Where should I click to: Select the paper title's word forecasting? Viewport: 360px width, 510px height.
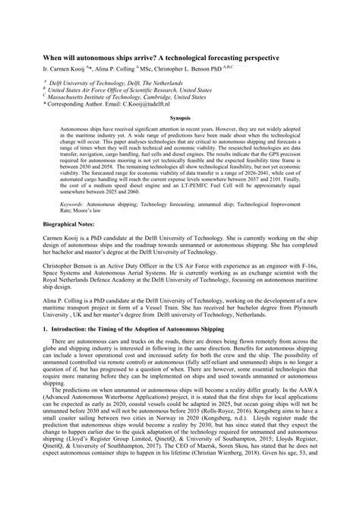point(220,56)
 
